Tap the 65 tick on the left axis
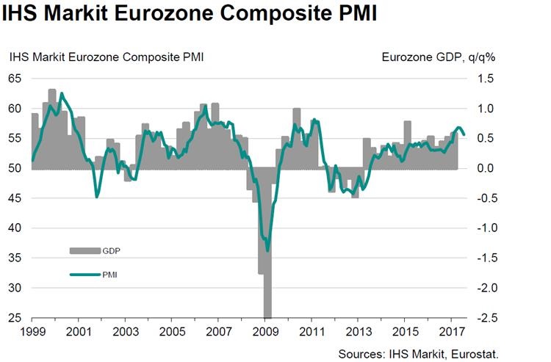click(x=16, y=79)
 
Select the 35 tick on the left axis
click(x=16, y=258)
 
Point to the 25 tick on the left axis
click(x=16, y=319)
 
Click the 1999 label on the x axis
click(x=32, y=333)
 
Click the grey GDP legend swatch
click(x=84, y=251)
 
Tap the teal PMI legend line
click(x=84, y=276)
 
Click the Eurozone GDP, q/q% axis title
click(x=439, y=57)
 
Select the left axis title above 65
click(x=106, y=57)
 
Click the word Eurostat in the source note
click(x=474, y=353)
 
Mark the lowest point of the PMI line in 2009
click(x=267, y=250)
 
